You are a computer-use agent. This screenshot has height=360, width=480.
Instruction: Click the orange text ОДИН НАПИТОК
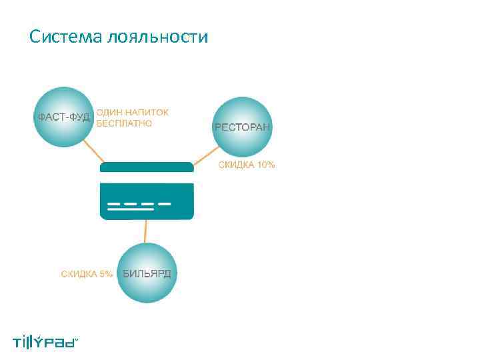coord(133,112)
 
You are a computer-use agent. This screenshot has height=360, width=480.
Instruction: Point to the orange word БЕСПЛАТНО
coord(124,123)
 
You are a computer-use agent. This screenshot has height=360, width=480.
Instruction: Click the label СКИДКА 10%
coord(247,165)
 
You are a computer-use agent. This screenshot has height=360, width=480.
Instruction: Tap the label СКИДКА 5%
coord(87,273)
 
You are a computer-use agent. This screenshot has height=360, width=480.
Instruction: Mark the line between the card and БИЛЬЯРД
coord(145,231)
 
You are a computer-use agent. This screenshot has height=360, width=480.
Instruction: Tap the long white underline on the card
coord(130,210)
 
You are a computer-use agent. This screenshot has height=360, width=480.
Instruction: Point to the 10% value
coord(265,165)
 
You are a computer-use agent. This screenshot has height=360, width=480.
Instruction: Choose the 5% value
coord(105,273)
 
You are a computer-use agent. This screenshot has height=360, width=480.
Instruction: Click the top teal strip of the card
coord(147,167)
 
